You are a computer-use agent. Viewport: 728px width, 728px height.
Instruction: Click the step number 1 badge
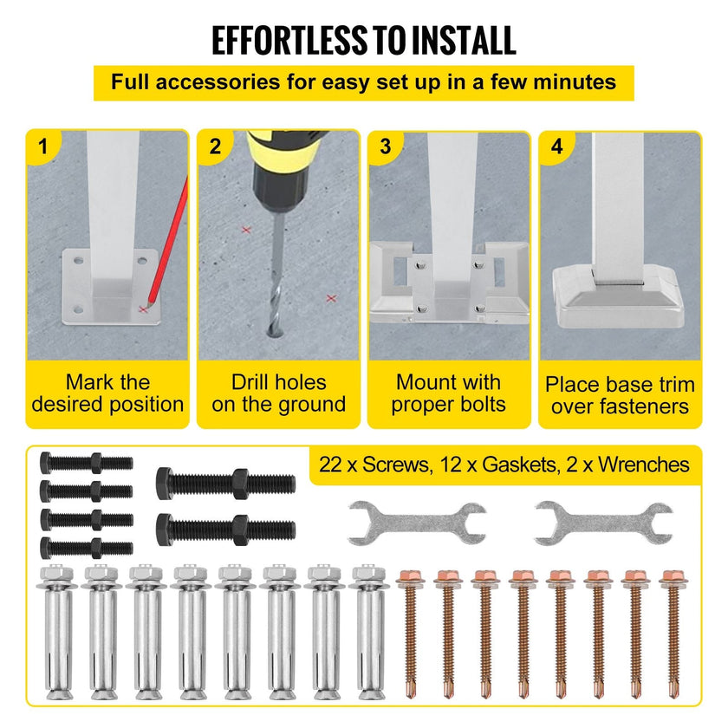[x=43, y=146]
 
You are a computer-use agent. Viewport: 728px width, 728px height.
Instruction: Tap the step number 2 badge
[x=215, y=146]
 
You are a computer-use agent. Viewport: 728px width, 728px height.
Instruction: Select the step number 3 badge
[x=386, y=146]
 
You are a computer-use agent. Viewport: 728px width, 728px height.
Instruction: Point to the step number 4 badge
[x=556, y=146]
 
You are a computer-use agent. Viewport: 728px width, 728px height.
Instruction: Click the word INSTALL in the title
[x=464, y=41]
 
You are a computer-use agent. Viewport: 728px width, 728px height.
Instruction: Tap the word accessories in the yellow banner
[x=218, y=82]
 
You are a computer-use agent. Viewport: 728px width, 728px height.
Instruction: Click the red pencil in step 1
[x=167, y=244]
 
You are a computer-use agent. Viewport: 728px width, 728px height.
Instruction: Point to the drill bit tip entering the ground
[x=274, y=331]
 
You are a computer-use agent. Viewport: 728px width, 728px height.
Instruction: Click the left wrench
[x=417, y=523]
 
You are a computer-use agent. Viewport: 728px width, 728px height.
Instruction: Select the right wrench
[x=603, y=523]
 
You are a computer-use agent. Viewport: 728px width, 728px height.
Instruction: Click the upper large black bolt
[x=225, y=484]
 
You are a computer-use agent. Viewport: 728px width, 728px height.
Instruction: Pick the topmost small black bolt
[x=87, y=463]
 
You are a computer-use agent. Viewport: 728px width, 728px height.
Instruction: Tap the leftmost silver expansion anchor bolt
[x=57, y=633]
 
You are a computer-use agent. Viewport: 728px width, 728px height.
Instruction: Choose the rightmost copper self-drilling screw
[x=673, y=634]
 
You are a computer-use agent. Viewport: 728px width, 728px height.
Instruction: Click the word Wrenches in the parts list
[x=644, y=465]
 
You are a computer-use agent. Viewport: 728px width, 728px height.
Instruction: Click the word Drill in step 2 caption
[x=251, y=382]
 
